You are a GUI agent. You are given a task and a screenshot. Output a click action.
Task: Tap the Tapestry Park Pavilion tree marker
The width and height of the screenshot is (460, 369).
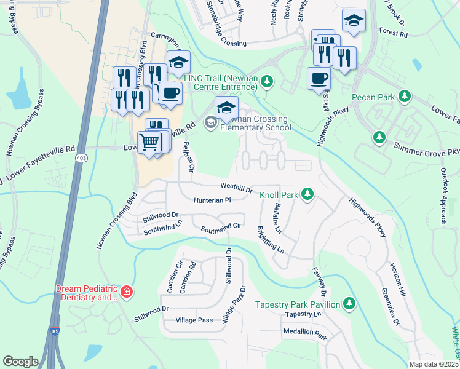(x=349, y=304)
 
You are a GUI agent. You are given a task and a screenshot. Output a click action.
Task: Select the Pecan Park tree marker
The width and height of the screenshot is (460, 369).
(x=404, y=97)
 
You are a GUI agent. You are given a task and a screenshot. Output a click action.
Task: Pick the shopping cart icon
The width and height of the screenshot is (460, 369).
(x=149, y=143)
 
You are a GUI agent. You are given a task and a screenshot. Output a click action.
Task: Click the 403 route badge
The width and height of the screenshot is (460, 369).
(x=81, y=159)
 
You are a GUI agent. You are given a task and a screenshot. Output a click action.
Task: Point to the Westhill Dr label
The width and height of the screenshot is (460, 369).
(x=237, y=188)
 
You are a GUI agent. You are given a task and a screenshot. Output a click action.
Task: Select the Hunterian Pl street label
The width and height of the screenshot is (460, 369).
(x=212, y=200)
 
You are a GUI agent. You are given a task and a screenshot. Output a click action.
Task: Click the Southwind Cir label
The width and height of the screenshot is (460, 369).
(x=223, y=228)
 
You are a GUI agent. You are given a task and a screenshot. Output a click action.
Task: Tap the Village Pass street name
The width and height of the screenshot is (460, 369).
(x=194, y=320)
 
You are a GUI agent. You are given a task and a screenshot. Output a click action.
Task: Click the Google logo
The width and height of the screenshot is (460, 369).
(x=21, y=361)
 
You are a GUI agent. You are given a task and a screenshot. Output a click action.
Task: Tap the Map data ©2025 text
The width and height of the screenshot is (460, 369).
(x=434, y=364)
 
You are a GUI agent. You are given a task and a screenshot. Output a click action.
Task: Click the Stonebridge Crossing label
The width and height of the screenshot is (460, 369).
(x=235, y=44)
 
